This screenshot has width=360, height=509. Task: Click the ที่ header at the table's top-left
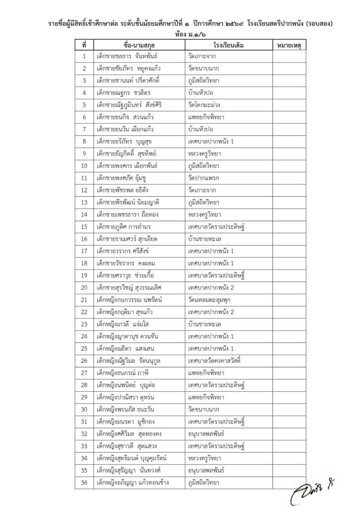(x=85, y=45)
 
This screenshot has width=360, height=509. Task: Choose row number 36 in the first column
(x=85, y=481)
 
